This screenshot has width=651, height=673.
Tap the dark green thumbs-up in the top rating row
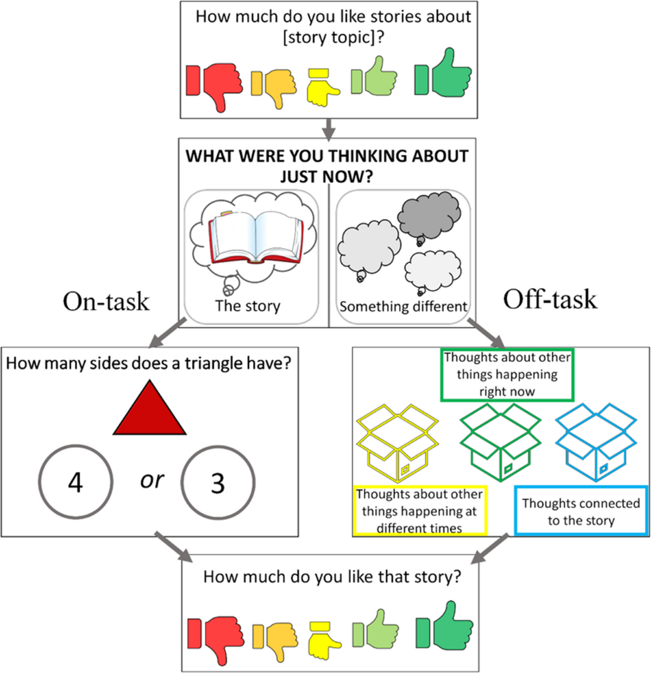(443, 74)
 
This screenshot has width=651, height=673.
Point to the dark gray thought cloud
(428, 217)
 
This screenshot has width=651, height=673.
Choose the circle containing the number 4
(75, 481)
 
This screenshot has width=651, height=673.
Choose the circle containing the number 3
(218, 481)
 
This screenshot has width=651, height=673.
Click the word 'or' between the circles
(151, 479)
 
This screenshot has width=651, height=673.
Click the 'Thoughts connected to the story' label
(580, 511)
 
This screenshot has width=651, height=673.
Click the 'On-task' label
(106, 301)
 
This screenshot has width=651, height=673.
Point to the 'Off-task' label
(550, 299)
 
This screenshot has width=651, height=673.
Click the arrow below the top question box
(328, 129)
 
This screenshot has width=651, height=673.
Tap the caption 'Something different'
(403, 307)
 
